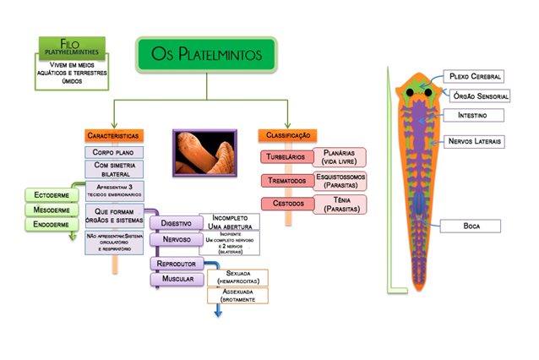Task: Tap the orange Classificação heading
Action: pyautogui.click(x=288, y=135)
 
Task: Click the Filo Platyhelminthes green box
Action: pyautogui.click(x=72, y=49)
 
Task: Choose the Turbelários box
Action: pyautogui.click(x=286, y=157)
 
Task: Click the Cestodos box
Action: pyautogui.click(x=286, y=203)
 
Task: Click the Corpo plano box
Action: pyautogui.click(x=113, y=153)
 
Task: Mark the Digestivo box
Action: pyautogui.click(x=176, y=223)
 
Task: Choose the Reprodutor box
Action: pyautogui.click(x=177, y=264)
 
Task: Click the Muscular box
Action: pyautogui.click(x=177, y=278)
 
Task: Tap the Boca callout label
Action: pyautogui.click(x=471, y=226)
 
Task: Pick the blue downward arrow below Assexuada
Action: pyautogui.click(x=218, y=311)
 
